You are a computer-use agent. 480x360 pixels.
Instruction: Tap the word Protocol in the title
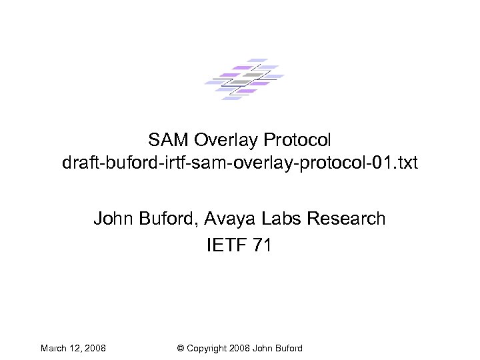coord(297,140)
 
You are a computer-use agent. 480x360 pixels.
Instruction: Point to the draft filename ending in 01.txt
coord(239,163)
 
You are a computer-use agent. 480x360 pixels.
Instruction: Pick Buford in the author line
coord(166,218)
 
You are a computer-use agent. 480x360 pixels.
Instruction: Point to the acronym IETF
coord(227,245)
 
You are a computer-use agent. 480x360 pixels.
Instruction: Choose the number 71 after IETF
coord(263,245)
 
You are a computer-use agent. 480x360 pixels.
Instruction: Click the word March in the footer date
coord(53,348)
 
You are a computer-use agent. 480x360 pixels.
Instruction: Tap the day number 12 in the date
coord(76,348)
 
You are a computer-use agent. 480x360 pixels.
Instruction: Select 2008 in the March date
coord(95,348)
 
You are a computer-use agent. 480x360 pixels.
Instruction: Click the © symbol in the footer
coord(181,348)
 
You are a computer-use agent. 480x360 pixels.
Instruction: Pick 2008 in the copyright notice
coord(238,348)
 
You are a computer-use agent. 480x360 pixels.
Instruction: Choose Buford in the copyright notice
coord(288,348)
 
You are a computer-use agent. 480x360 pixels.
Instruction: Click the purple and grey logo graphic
coord(243,79)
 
